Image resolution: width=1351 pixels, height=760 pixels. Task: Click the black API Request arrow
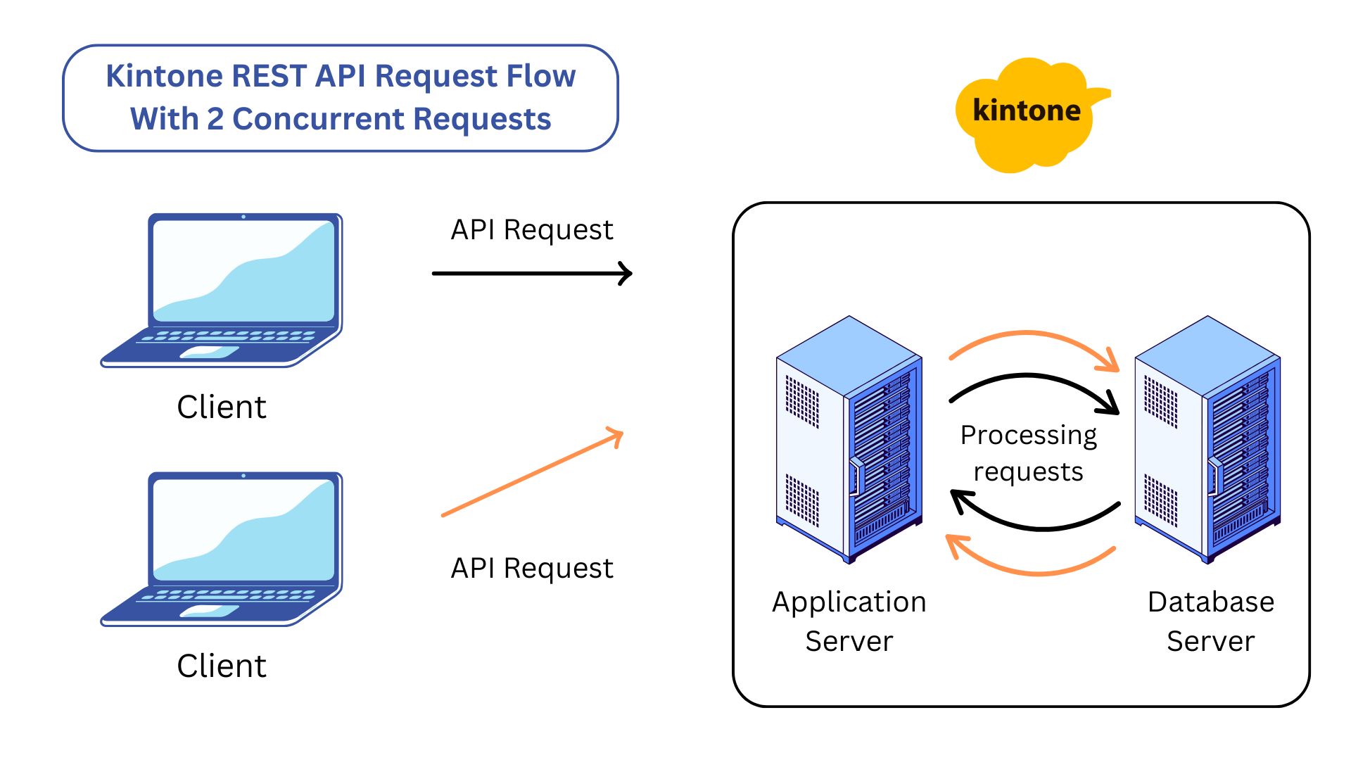coord(531,273)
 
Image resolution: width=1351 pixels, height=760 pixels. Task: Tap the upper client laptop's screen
coord(243,272)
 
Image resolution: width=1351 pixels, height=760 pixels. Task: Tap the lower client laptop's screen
coord(243,529)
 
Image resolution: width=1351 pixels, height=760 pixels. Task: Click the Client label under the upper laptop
coord(222,407)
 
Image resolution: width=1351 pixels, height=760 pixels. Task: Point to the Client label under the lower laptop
coord(222,666)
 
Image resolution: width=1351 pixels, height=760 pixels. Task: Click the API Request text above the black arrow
coord(532,230)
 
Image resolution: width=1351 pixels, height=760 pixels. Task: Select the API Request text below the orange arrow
coord(532,568)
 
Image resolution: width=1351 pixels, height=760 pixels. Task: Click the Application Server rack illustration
coord(849,440)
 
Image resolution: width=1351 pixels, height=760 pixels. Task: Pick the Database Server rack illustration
coord(1207,440)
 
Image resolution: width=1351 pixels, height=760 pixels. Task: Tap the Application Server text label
coord(849,621)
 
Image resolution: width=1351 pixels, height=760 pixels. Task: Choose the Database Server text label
coord(1210,621)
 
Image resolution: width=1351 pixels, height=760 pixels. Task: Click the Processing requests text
coord(1028,453)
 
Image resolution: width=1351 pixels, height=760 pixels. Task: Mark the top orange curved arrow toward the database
coord(1029,334)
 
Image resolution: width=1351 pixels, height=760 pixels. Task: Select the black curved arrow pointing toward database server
coord(1029,377)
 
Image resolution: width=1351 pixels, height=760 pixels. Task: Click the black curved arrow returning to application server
coord(1041,527)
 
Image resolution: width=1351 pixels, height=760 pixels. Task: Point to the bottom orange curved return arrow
coord(1034,572)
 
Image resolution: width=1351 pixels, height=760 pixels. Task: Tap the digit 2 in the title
coord(215,119)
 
